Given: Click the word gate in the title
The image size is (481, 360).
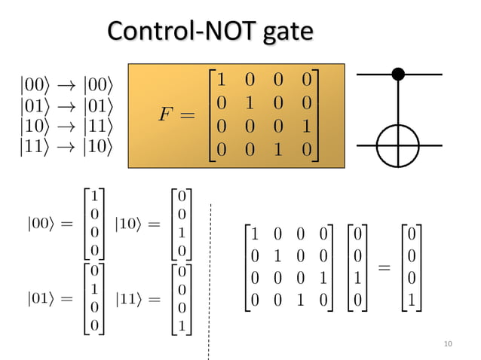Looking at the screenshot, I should (284, 32).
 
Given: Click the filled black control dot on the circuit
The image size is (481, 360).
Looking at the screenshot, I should (399, 74).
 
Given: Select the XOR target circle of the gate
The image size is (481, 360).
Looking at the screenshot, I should (399, 144).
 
